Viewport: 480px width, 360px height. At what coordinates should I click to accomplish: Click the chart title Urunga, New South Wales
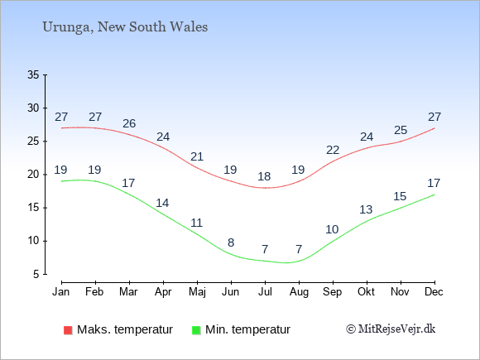point(125,27)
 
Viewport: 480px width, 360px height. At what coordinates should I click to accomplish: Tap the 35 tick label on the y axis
point(33,74)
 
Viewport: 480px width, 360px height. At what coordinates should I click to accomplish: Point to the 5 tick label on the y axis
point(36,274)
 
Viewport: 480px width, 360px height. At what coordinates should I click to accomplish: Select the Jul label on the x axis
point(265,292)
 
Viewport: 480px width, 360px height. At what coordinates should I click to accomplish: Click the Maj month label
point(197,292)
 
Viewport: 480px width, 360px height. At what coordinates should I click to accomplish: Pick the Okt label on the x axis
point(366,292)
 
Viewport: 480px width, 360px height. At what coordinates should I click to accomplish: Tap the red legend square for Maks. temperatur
point(68,330)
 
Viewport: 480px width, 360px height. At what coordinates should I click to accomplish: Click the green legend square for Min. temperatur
point(196,330)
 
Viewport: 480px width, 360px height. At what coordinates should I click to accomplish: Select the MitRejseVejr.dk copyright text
point(391,329)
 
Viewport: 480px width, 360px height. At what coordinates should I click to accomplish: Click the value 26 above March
point(129,123)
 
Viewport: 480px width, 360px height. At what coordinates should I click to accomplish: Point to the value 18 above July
point(264,176)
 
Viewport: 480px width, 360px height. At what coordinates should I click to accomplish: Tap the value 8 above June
point(231,242)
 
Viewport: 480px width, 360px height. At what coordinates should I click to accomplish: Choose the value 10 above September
point(332,229)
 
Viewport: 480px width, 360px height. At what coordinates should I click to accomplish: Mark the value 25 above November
point(401,131)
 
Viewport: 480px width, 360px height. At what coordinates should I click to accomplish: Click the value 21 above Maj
point(197,156)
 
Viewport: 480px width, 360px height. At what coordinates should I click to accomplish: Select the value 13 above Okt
point(366,209)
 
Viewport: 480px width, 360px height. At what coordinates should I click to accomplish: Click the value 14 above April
point(162,203)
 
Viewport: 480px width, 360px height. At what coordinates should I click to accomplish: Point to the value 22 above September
point(333,150)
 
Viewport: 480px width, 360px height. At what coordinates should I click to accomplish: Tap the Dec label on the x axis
point(434,292)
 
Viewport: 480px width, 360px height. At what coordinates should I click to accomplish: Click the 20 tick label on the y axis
point(33,175)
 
